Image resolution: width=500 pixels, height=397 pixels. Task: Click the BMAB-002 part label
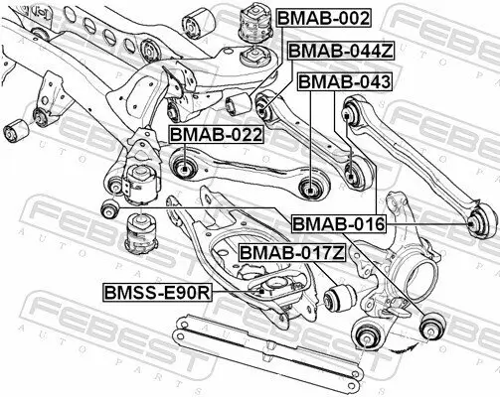(322, 18)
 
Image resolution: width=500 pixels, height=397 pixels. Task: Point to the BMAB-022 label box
(215, 133)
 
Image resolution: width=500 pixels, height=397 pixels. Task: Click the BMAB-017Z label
(291, 253)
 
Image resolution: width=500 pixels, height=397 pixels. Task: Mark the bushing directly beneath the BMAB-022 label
(184, 165)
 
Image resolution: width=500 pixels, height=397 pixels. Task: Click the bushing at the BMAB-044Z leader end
(265, 102)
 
